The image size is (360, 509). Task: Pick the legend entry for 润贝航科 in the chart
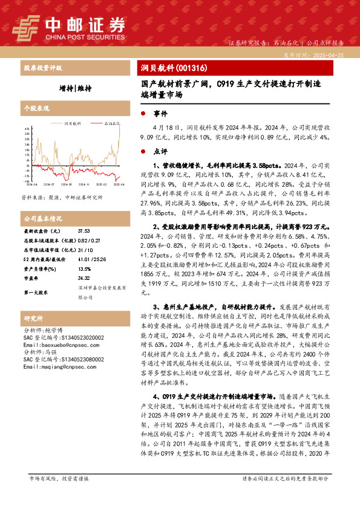[72, 123]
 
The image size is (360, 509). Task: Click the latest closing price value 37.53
[83, 231]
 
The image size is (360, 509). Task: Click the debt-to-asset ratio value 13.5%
[84, 269]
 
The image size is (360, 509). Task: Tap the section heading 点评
[160, 151]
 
